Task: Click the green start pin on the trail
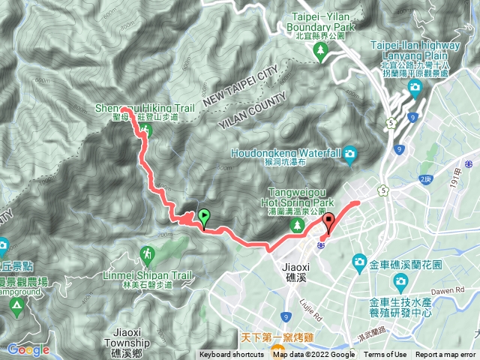(x=204, y=217)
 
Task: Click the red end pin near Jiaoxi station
(x=329, y=223)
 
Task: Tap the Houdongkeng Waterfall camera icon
(x=349, y=155)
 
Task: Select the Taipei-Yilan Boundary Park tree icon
(x=320, y=51)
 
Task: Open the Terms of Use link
(x=385, y=355)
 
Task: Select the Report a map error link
(x=446, y=355)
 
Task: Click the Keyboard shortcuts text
(x=232, y=355)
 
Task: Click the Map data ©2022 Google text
(x=313, y=355)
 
